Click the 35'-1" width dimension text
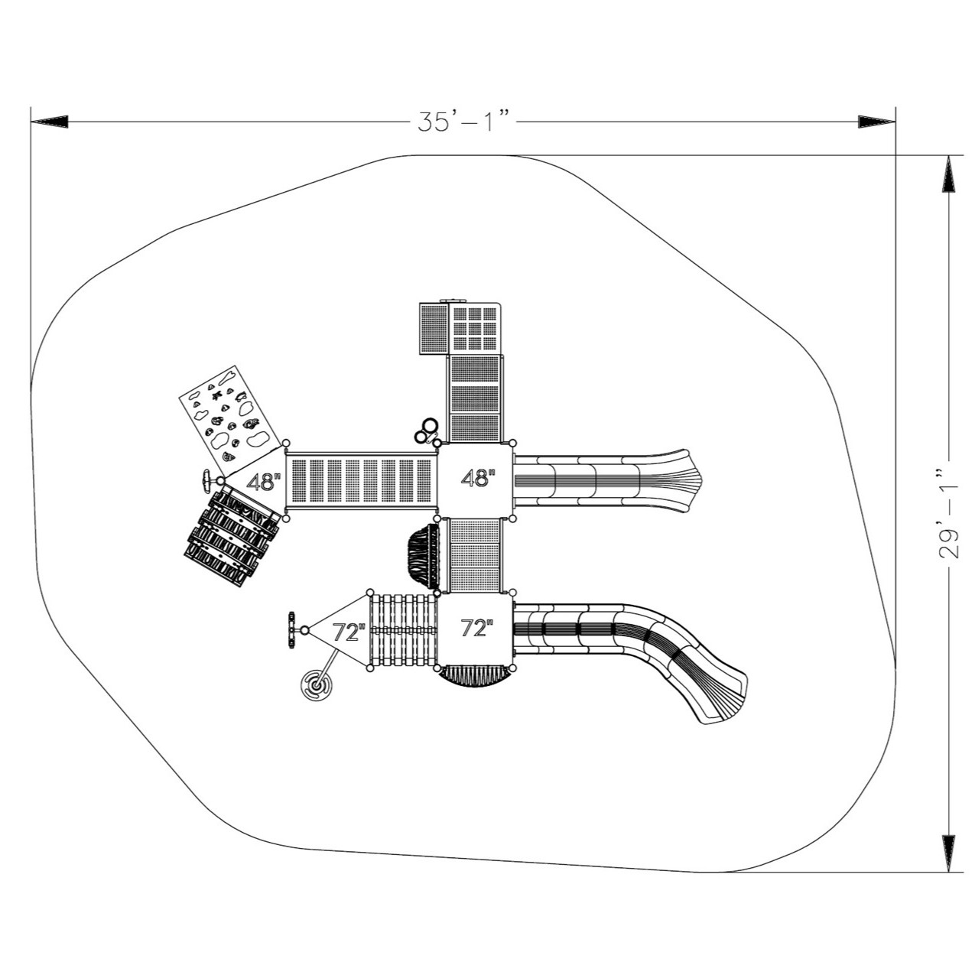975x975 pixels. pyautogui.click(x=463, y=122)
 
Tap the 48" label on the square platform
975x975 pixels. pyautogui.click(x=478, y=479)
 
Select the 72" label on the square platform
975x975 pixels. pyautogui.click(x=476, y=629)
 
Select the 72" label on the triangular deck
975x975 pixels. pyautogui.click(x=349, y=632)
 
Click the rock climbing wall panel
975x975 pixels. pyautogui.click(x=226, y=418)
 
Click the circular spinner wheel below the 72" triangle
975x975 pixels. pyautogui.click(x=314, y=685)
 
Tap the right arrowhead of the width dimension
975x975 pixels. pyautogui.click(x=876, y=122)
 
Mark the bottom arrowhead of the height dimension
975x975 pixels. pyautogui.click(x=948, y=853)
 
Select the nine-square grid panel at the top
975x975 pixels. pyautogui.click(x=474, y=327)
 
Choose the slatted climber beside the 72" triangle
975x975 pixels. pyautogui.click(x=403, y=630)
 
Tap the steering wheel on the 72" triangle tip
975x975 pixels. pyautogui.click(x=292, y=629)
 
